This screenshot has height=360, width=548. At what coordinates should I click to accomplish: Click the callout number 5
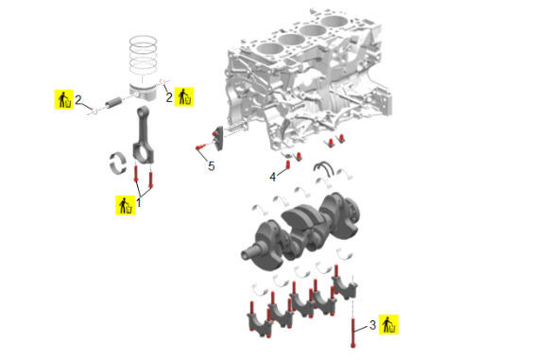211,166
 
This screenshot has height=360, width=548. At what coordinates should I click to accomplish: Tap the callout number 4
273,177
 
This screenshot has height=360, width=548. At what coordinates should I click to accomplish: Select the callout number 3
372,325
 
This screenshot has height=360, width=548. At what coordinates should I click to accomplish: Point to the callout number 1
139,203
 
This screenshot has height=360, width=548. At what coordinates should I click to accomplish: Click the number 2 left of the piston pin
77,99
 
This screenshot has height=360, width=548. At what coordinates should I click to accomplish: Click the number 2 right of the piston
169,97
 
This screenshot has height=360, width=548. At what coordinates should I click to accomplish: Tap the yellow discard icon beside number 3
388,324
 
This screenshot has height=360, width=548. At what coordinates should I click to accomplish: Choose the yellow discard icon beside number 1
125,205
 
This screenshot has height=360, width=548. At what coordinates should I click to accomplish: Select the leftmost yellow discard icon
63,99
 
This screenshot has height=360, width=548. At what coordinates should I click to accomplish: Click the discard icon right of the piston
184,96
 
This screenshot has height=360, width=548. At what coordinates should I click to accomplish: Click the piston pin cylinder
112,102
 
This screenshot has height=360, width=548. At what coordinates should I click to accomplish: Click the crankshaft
300,231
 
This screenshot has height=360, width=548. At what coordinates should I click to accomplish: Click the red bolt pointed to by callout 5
199,147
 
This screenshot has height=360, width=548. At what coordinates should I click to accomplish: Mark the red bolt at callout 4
288,163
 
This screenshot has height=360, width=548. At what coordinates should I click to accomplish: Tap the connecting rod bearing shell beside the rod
117,163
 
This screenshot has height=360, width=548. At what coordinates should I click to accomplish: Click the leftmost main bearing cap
259,324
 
